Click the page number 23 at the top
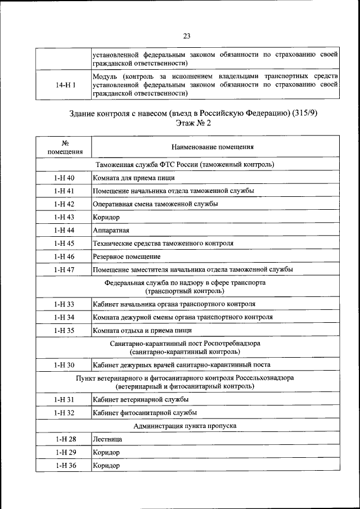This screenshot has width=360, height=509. pos(186,36)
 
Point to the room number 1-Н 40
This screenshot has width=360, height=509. pos(64,178)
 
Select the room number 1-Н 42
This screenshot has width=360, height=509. pos(64,204)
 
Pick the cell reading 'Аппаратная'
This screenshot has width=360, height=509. pos(111,230)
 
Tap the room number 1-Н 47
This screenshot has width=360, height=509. pos(64,269)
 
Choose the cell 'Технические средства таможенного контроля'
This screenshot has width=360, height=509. pos(163,243)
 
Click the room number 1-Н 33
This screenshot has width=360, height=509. pos(64,304)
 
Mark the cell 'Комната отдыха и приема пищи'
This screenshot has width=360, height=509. pos(142,330)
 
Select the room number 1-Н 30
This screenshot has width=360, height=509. pos(64,365)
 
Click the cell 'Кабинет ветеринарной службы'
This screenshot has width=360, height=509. pos(141,399)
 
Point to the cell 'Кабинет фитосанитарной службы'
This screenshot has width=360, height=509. pos(145,413)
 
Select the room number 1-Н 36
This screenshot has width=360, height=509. pos(64,465)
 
